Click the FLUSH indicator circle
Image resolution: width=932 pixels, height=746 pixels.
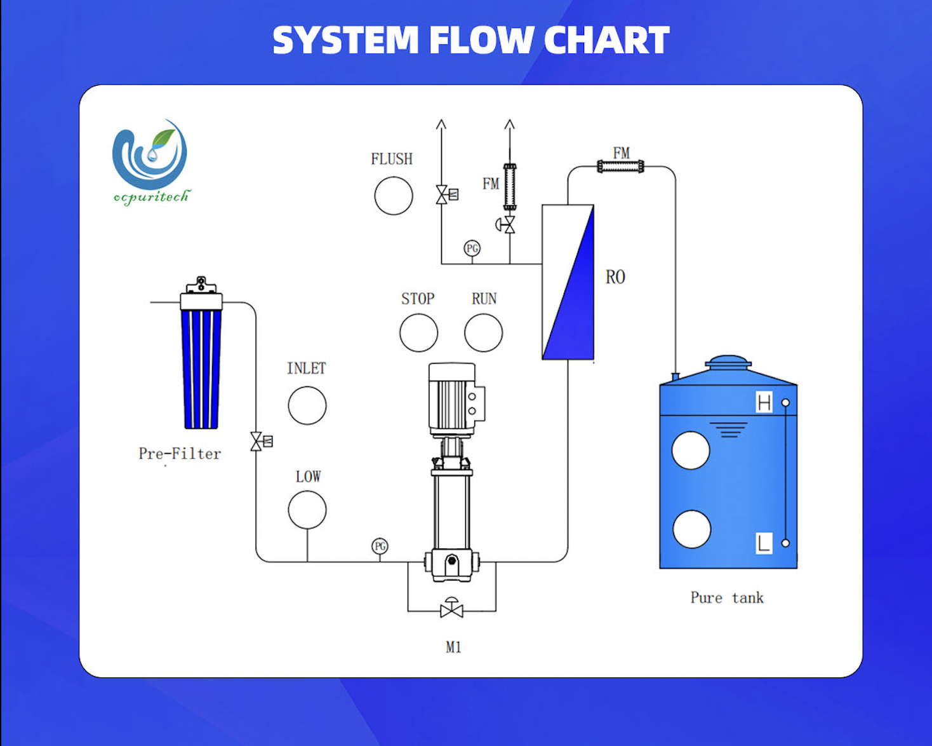[394, 196]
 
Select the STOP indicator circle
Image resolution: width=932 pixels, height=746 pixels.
[418, 333]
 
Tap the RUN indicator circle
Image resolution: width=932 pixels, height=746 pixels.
[483, 333]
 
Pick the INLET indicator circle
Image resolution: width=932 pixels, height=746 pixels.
[307, 405]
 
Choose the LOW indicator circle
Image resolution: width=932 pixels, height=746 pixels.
[307, 510]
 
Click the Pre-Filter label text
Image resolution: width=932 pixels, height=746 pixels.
[180, 454]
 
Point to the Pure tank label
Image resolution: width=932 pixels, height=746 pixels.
[727, 598]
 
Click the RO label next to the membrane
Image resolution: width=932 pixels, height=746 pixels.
[615, 277]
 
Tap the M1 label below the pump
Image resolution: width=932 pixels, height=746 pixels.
[453, 648]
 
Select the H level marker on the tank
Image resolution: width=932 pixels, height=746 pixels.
[764, 403]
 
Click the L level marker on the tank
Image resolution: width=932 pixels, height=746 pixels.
[764, 543]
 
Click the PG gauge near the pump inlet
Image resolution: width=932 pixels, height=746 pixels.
[380, 546]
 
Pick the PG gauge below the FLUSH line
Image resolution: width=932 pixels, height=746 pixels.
[472, 248]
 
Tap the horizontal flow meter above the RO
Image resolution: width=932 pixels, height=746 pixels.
[621, 166]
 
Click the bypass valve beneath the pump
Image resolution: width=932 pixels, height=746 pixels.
[451, 609]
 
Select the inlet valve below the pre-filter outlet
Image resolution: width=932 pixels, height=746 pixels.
[257, 441]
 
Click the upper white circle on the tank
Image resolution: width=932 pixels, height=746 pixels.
[691, 451]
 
